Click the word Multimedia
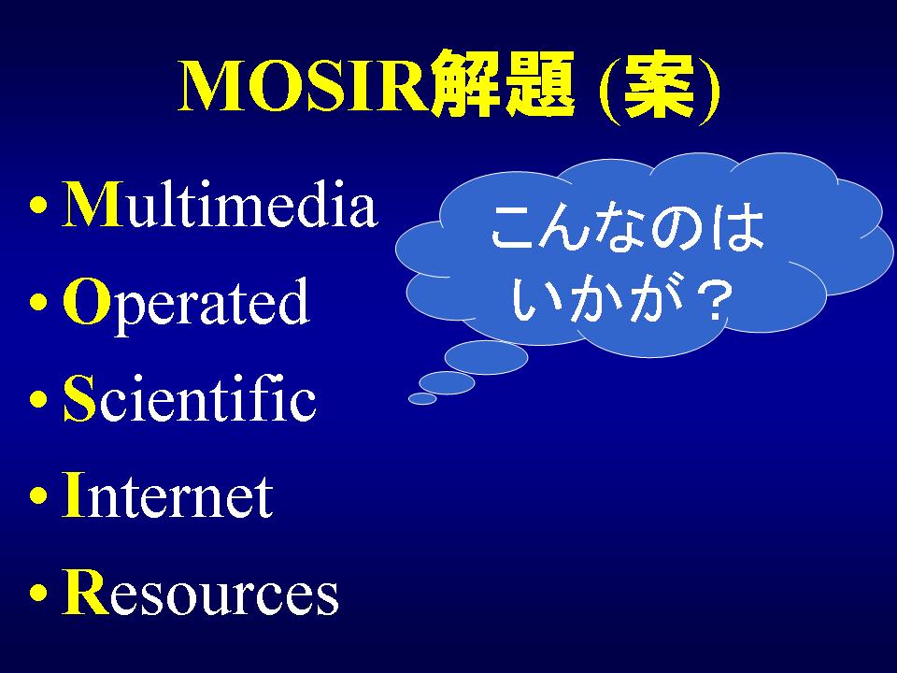tap(220, 205)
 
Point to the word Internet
tap(167, 494)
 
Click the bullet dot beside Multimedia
tap(37, 205)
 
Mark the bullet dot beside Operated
tap(37, 302)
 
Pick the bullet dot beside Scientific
tap(37, 399)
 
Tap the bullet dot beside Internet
tap(37, 495)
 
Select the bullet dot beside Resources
tap(37, 593)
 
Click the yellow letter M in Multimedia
tap(92, 205)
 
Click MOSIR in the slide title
tap(304, 86)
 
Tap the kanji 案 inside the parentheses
tap(659, 86)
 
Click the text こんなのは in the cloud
tap(628, 228)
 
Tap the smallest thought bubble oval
tap(422, 398)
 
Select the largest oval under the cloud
tap(486, 357)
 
